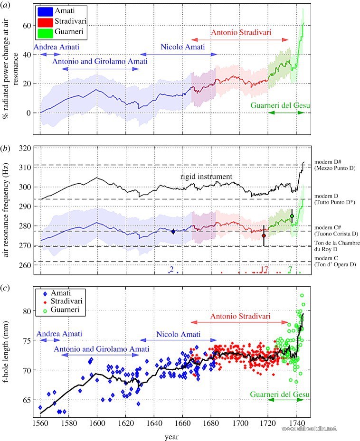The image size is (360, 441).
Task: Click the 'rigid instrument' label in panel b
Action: click(x=206, y=177)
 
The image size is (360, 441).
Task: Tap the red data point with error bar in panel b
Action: click(x=264, y=235)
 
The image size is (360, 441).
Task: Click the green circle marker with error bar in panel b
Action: click(x=292, y=216)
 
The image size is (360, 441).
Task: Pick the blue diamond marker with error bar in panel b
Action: click(x=173, y=231)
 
